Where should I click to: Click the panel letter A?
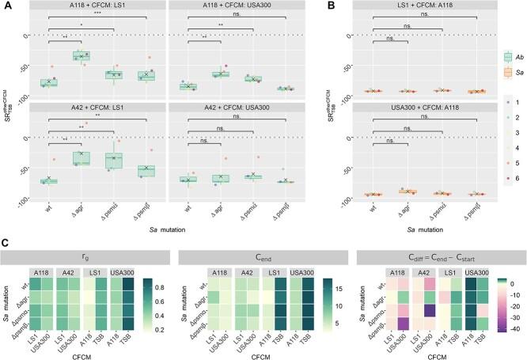[x=7, y=6]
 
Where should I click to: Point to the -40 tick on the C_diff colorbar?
[x=505, y=344]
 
